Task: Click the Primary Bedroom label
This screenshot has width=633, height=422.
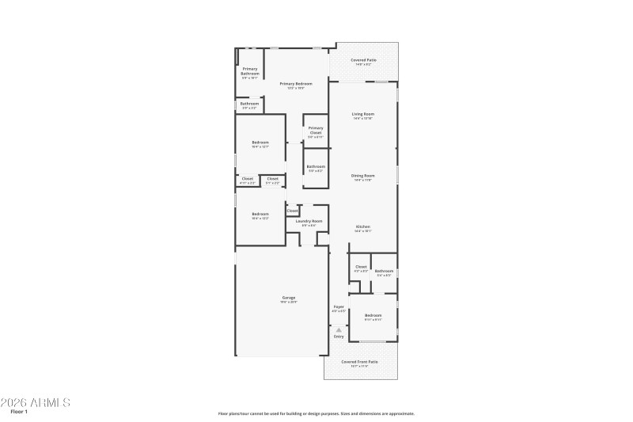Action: pos(295,83)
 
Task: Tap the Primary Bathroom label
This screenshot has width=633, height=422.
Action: pos(250,71)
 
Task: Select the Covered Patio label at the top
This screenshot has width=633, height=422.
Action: pos(363,60)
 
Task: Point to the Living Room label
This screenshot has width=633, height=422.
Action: pos(363,114)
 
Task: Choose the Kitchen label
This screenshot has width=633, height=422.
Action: pos(362,226)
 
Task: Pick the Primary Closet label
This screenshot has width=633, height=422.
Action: pos(316,130)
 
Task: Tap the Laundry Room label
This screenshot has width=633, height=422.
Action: pos(309,221)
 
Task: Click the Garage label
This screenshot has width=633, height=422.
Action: pos(289,298)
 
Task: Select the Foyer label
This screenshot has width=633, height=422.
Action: pos(339,306)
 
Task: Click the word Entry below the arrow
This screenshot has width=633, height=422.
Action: pos(339,336)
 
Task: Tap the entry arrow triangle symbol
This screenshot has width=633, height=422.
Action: pos(339,329)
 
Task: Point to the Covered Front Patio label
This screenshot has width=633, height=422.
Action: pos(359,362)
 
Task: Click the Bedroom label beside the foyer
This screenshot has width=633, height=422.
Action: pos(373,315)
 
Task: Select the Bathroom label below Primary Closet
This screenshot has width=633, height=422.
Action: pos(316,166)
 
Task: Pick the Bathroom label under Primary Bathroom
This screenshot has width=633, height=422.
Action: pos(250,104)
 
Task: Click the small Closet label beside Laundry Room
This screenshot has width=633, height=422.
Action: pos(292,211)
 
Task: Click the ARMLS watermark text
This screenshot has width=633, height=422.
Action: pos(36,402)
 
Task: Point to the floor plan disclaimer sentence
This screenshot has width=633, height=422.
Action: pos(316,413)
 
